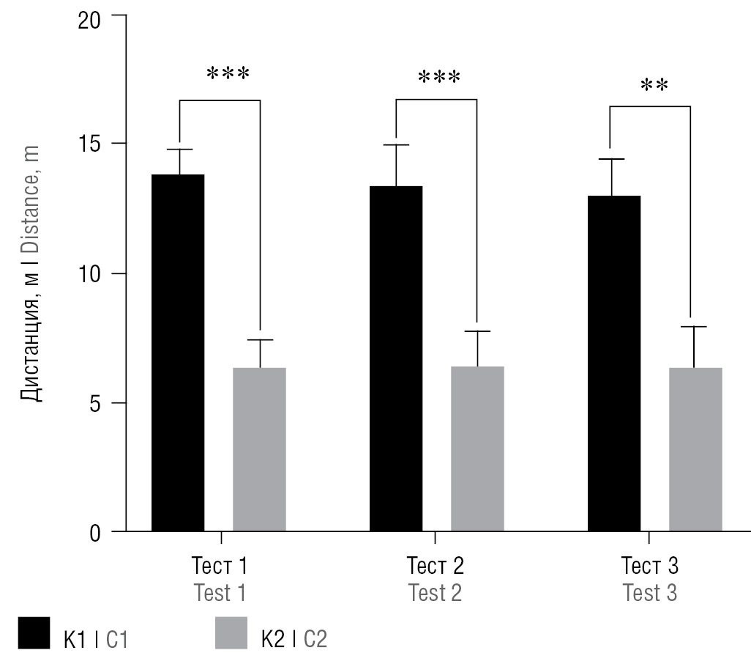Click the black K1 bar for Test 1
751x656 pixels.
(x=178, y=352)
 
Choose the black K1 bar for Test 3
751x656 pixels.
(x=614, y=363)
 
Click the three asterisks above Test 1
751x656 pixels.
(x=228, y=75)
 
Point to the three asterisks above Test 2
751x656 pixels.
(x=439, y=78)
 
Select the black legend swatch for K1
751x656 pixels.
(x=35, y=633)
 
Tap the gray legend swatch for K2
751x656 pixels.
(x=232, y=633)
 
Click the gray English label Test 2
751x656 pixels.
(x=435, y=592)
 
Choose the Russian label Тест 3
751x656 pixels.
(x=650, y=567)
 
